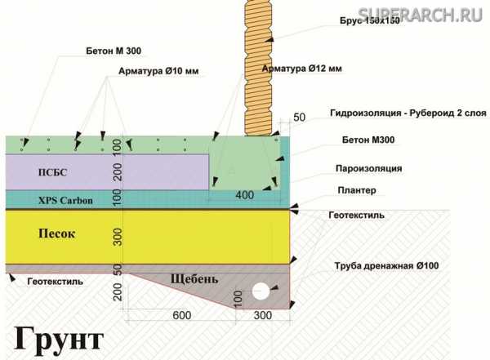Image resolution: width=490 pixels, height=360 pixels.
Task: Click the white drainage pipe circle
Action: point(261,291)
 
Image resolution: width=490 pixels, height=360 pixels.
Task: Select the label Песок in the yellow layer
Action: point(56,233)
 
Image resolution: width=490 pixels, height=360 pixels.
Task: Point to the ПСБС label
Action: point(52,172)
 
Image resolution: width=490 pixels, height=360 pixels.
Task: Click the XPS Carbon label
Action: point(65,200)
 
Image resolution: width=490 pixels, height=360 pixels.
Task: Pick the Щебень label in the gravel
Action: point(194,279)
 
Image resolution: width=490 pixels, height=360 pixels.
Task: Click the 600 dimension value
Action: point(182,315)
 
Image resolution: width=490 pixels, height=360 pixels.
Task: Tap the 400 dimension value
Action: point(245,195)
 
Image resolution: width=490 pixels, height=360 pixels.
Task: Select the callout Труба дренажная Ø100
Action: point(386,266)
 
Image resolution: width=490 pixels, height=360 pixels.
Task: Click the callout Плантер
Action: point(357,190)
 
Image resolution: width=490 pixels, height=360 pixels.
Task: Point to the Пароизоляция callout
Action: point(369,168)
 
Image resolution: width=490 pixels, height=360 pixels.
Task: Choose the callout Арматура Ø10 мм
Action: point(158,71)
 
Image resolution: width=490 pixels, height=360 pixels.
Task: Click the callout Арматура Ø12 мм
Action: point(302,69)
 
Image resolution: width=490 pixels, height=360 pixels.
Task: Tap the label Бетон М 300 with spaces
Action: point(114,51)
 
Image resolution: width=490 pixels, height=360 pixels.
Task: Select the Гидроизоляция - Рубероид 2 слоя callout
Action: point(408,113)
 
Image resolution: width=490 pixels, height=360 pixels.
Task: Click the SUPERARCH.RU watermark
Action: point(421,14)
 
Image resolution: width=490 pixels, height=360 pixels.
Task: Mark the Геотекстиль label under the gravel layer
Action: point(56,282)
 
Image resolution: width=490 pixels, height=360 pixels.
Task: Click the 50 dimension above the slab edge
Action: point(299,118)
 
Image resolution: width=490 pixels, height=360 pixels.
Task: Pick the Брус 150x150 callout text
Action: point(370,20)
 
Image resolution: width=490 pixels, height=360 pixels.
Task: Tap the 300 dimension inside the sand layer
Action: point(117,237)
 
